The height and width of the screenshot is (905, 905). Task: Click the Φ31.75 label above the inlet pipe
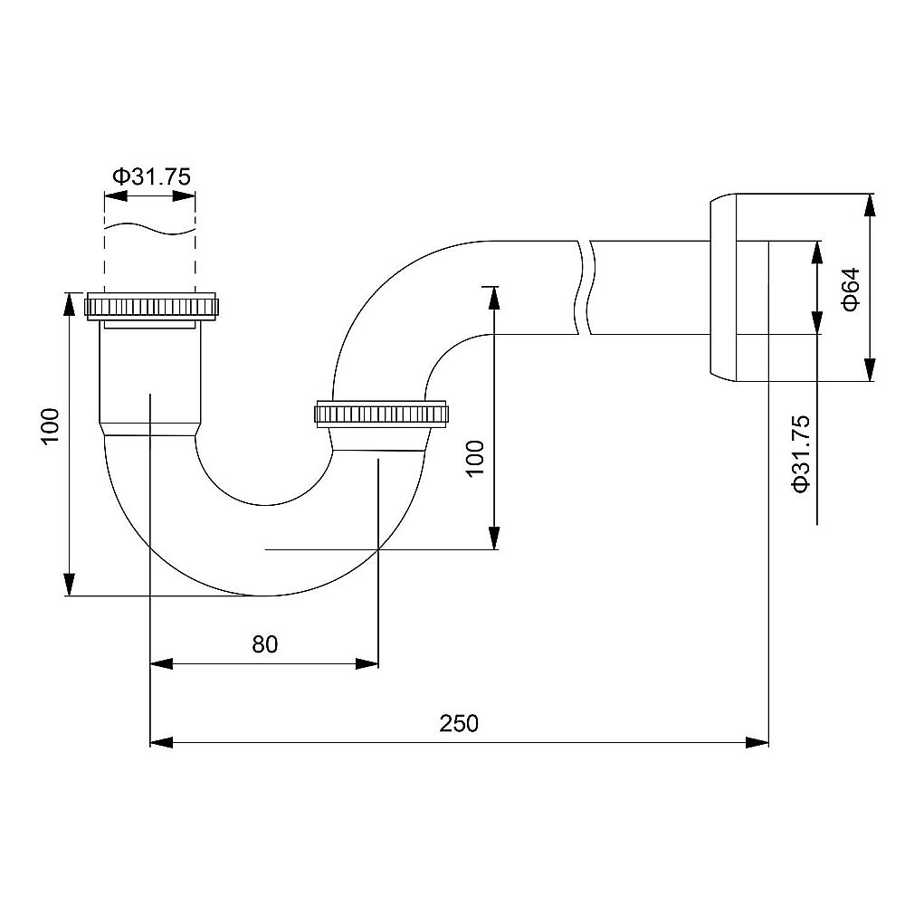pyautogui.click(x=151, y=176)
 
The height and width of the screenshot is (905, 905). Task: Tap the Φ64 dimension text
pyautogui.click(x=852, y=290)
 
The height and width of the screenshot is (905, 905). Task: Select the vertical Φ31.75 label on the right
pyautogui.click(x=802, y=454)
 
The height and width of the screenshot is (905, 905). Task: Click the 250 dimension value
pyautogui.click(x=459, y=723)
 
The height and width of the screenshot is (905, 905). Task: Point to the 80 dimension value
pyautogui.click(x=265, y=644)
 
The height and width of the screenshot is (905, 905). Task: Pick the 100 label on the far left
pyautogui.click(x=51, y=425)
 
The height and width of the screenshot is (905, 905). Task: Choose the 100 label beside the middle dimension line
pyautogui.click(x=475, y=458)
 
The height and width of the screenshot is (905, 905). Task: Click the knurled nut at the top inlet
pyautogui.click(x=151, y=306)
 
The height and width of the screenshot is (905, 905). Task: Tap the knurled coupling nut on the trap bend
pyautogui.click(x=382, y=414)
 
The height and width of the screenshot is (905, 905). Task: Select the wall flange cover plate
pyautogui.click(x=723, y=288)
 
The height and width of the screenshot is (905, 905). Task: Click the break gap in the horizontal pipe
pyautogui.click(x=584, y=288)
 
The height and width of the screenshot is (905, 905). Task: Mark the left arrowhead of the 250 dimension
pyautogui.click(x=161, y=742)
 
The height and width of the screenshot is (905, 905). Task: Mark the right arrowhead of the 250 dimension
pyautogui.click(x=757, y=742)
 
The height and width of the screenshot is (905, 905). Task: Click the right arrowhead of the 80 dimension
pyautogui.click(x=367, y=663)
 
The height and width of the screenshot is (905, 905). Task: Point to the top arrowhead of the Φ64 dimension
pyautogui.click(x=869, y=205)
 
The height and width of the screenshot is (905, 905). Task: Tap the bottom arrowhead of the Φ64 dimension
pyautogui.click(x=869, y=370)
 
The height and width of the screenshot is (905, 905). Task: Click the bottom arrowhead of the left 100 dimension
pyautogui.click(x=69, y=584)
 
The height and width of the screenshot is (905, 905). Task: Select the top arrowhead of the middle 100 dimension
pyautogui.click(x=493, y=298)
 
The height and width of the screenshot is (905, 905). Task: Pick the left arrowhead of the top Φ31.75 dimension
pyautogui.click(x=116, y=196)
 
